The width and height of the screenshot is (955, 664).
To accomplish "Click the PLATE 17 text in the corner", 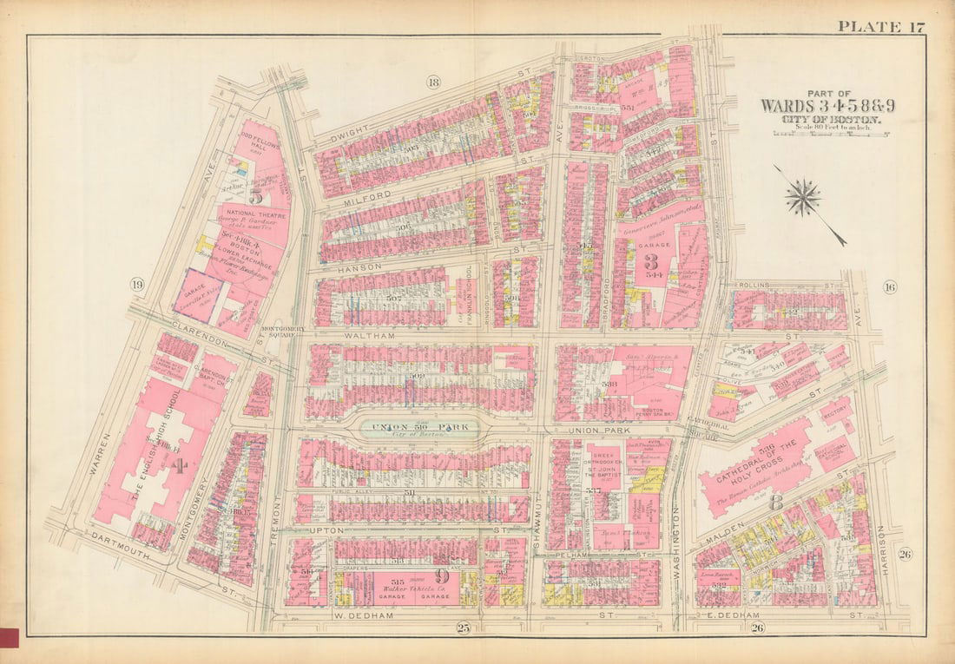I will point(880,26).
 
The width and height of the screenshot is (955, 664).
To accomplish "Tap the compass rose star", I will point(803,197).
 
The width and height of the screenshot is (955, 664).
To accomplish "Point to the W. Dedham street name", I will point(361,616).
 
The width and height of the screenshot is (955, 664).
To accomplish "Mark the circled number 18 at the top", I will point(433,82).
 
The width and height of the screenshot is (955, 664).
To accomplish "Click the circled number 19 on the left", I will point(136,285).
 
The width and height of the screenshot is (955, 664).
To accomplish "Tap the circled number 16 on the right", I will point(889,287).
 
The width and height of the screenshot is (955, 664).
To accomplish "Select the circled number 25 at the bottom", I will point(463,628).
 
